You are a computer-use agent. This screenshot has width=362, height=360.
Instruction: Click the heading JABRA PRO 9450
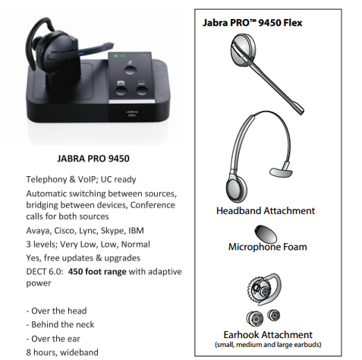pyautogui.click(x=93, y=159)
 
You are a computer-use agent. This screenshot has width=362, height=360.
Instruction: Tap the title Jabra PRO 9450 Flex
pyautogui.click(x=252, y=23)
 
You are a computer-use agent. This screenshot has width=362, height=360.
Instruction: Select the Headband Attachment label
pyautogui.click(x=266, y=210)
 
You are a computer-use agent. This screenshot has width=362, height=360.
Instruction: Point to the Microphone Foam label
pyautogui.click(x=267, y=247)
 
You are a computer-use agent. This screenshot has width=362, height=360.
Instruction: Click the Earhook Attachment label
pyautogui.click(x=268, y=335)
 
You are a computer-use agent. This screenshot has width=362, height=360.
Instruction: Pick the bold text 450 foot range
pyautogui.click(x=97, y=272)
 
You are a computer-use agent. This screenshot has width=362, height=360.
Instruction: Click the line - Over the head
pyautogui.click(x=56, y=311)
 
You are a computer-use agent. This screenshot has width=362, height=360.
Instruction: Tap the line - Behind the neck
pyautogui.click(x=60, y=324)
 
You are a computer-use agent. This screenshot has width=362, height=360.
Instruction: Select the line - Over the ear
pyautogui.click(x=53, y=339)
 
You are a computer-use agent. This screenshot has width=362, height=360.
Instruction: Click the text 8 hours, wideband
pyautogui.click(x=62, y=352)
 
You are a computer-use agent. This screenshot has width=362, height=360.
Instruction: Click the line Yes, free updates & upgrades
pyautogui.click(x=83, y=258)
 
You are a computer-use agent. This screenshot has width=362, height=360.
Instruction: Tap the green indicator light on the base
pyautogui.click(x=117, y=55)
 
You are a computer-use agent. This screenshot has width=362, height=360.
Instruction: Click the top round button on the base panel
pyautogui.click(x=131, y=70)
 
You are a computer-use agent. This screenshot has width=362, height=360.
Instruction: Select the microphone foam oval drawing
pyautogui.click(x=266, y=234)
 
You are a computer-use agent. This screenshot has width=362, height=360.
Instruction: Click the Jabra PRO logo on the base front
pyautogui.click(x=132, y=113)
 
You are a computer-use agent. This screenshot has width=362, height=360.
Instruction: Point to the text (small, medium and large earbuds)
pyautogui.click(x=268, y=345)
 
